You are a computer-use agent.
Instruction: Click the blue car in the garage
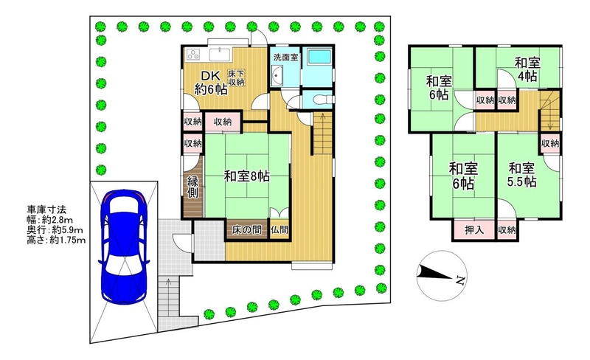pyautogui.click(x=124, y=246)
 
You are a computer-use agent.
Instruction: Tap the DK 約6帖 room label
pyautogui.click(x=211, y=83)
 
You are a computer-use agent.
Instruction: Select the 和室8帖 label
pyautogui.click(x=246, y=176)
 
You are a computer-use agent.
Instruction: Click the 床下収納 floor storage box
pyautogui.click(x=236, y=78)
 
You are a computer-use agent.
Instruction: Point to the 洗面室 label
pyautogui.click(x=285, y=58)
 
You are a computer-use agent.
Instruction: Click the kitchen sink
pyautogui.click(x=220, y=55)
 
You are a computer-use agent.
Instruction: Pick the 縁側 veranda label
pyautogui.click(x=193, y=187)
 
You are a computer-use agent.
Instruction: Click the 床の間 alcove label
pyautogui.click(x=246, y=229)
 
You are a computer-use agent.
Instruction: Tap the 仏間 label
pyautogui.click(x=280, y=229)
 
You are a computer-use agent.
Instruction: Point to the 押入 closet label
pyautogui.click(x=473, y=229)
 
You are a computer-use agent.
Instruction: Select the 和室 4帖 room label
pyautogui.click(x=527, y=69)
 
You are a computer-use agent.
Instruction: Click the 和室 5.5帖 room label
pyautogui.click(x=521, y=175)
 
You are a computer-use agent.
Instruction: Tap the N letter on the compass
pyautogui.click(x=459, y=280)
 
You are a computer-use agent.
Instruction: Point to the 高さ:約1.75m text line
pyautogui.click(x=56, y=240)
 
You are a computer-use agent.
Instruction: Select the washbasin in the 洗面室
pyautogui.click(x=277, y=76)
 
